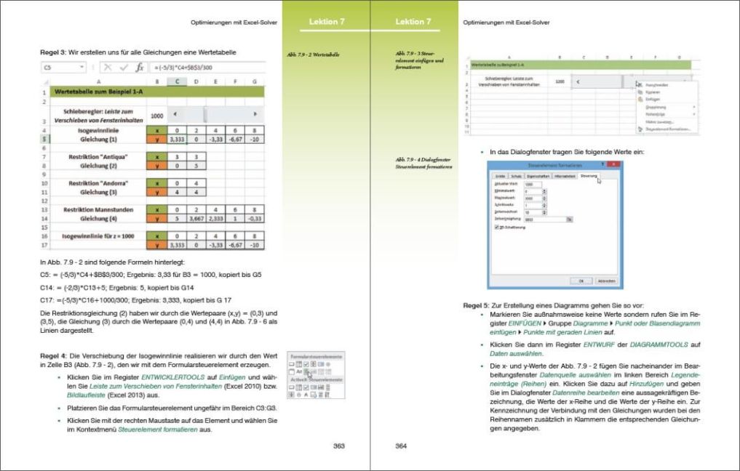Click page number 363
(339, 446)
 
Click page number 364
(401, 446)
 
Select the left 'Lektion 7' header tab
(327, 22)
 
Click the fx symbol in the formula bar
(140, 67)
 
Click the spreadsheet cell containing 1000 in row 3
(156, 115)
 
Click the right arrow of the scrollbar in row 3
(255, 114)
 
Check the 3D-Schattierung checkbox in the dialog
(496, 227)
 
